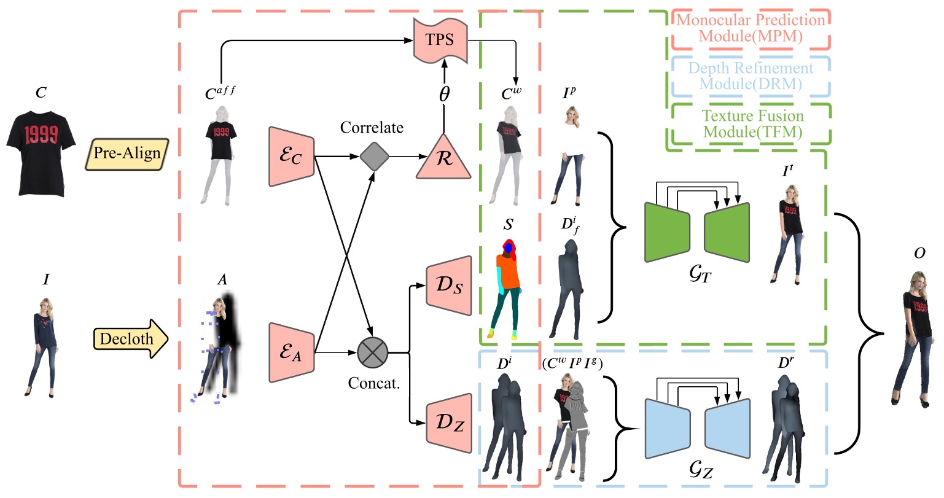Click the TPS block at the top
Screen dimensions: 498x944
(440, 40)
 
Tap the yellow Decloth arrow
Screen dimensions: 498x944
(130, 338)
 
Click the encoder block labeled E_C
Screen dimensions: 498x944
(291, 157)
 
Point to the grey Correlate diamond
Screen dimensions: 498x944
(374, 156)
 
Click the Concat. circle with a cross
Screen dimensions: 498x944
(373, 353)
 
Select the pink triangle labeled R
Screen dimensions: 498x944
(443, 158)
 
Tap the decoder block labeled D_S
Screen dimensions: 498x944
(449, 285)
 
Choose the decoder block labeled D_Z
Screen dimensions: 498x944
(449, 422)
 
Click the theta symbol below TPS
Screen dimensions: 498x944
(443, 95)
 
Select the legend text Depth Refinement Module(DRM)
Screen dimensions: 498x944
(750, 76)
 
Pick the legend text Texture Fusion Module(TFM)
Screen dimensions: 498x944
(752, 123)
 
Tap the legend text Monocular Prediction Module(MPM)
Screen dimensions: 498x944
(750, 28)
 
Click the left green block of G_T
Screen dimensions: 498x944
(667, 232)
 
